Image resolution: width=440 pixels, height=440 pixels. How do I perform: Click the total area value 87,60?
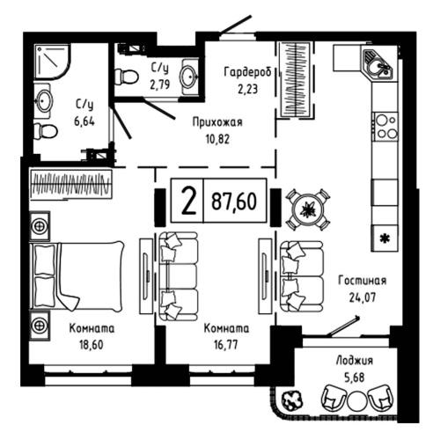234,201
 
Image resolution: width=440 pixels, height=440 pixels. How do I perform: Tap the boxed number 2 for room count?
187,201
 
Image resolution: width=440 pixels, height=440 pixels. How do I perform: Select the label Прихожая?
217,122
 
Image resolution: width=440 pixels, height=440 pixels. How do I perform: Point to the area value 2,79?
159,85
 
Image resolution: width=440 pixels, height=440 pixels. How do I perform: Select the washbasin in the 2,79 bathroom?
187,77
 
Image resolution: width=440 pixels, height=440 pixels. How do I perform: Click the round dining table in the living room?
309,209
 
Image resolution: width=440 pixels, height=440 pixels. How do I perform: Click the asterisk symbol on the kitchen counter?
383,237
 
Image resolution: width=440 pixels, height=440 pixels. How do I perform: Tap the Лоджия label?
355,360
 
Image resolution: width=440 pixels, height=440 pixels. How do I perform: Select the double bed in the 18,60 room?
77,275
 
